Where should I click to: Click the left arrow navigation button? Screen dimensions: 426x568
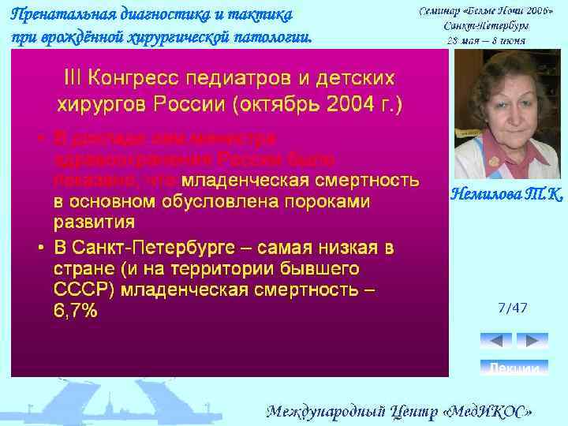[495, 341]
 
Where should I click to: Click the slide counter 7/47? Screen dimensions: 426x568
[513, 307]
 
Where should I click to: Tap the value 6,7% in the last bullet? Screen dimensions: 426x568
[76, 312]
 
